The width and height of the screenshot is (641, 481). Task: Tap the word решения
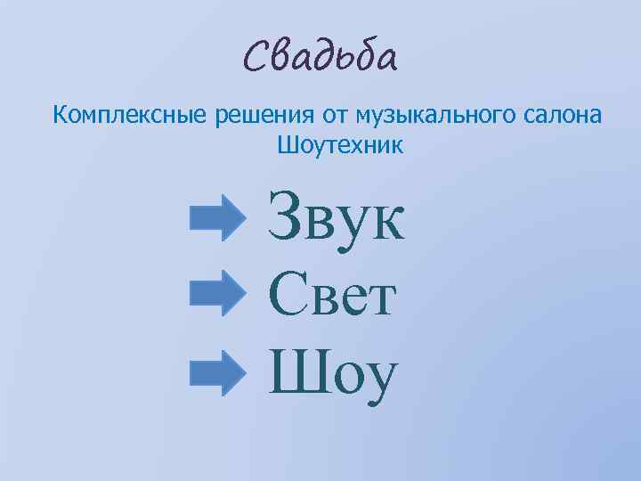[264, 114]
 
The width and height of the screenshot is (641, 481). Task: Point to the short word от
[336, 114]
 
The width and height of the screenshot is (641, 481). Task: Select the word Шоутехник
[340, 144]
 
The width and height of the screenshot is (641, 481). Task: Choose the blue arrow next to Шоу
[216, 371]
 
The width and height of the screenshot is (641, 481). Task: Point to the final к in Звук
[385, 224]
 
